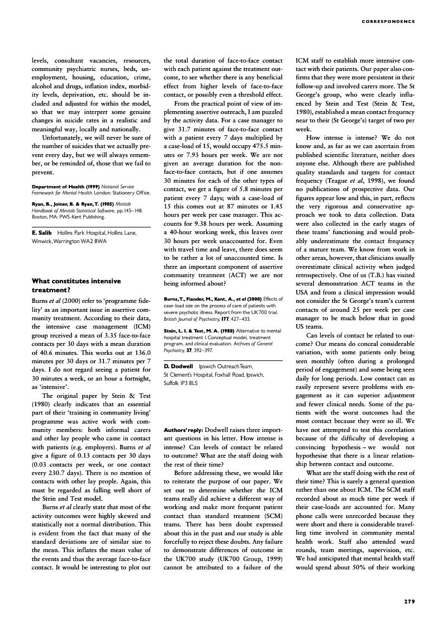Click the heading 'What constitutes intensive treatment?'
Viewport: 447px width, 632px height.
pyautogui.click(x=76, y=286)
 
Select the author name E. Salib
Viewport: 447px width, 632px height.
pyautogui.click(x=42, y=232)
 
